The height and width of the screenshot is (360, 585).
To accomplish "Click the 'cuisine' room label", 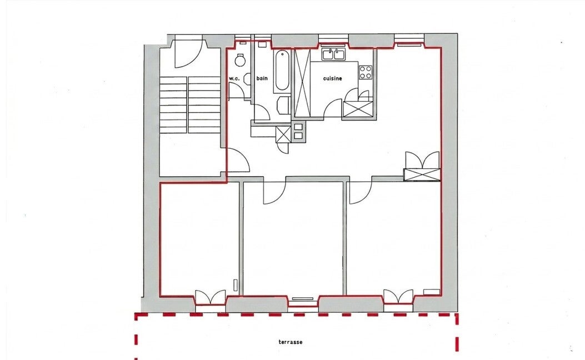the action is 332,78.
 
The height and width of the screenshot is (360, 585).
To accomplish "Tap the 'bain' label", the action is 262,78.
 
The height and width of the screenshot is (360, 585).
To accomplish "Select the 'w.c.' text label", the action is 234,79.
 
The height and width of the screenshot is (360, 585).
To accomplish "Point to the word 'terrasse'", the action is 290,342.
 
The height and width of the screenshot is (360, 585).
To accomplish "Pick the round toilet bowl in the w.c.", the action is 240,61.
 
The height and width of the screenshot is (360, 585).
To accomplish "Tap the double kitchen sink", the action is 333,54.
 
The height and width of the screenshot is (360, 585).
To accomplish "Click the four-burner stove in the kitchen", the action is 366,72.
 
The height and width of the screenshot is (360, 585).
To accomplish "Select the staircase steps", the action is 190,105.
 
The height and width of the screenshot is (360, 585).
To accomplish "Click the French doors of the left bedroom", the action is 211,297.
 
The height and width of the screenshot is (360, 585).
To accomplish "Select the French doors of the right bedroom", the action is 398,297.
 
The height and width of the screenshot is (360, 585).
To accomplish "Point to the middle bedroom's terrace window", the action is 303,298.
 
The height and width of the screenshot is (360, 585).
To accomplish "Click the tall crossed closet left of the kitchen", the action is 302,83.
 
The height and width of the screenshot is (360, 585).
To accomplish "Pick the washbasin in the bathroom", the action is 284,105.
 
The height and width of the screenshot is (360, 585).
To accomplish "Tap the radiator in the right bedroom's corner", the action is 432,291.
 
